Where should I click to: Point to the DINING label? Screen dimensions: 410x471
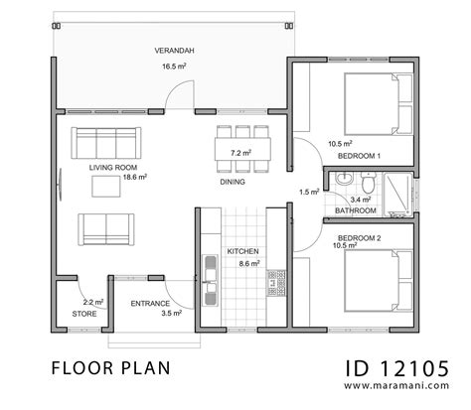pyautogui.click(x=233, y=182)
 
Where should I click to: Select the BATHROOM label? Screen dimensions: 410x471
pyautogui.click(x=355, y=210)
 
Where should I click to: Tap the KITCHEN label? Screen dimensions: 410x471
pyautogui.click(x=243, y=252)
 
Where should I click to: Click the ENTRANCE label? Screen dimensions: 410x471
pyautogui.click(x=150, y=303)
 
